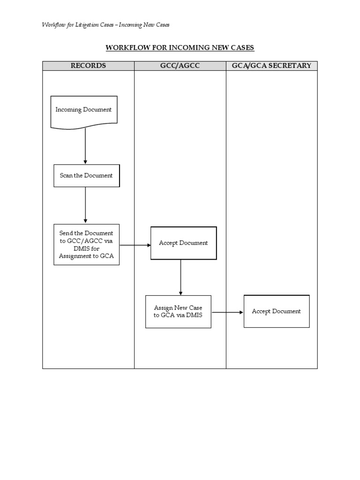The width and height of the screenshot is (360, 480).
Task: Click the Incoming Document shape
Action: (x=84, y=111)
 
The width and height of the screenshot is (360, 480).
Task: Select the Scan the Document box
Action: (x=86, y=176)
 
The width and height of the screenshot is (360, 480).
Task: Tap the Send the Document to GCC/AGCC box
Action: (x=86, y=245)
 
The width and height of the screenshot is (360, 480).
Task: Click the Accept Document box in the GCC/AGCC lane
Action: (x=183, y=243)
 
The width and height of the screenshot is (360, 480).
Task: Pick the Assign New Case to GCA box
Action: (x=178, y=311)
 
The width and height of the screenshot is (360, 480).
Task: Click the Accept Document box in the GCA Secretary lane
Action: (x=276, y=311)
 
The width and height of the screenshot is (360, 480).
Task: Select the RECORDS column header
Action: (x=88, y=66)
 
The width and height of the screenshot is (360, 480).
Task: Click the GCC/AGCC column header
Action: (x=180, y=66)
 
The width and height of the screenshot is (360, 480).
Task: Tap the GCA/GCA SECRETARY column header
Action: (x=271, y=66)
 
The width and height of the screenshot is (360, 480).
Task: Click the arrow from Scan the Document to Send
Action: (x=85, y=205)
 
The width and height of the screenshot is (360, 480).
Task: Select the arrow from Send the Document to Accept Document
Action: (x=135, y=245)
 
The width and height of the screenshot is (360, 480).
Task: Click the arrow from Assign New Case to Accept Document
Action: (x=227, y=312)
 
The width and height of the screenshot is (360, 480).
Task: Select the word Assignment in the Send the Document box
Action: (x=74, y=256)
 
